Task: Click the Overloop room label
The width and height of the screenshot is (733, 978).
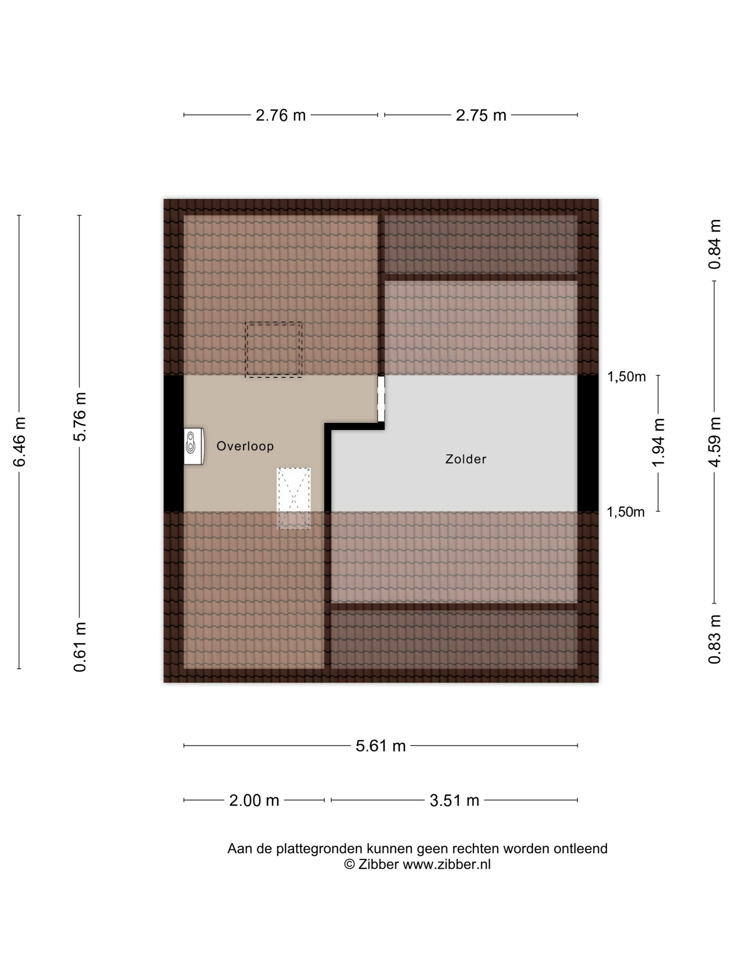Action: (x=245, y=446)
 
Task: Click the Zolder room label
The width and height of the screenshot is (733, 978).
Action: (x=466, y=459)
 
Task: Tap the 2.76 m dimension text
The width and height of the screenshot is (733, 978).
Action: (x=281, y=115)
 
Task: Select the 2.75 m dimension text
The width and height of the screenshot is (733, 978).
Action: (x=481, y=115)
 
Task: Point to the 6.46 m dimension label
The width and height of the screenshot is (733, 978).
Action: (x=20, y=442)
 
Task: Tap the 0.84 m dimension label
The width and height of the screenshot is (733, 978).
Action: (x=715, y=244)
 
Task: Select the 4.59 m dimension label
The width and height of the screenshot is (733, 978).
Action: (x=715, y=442)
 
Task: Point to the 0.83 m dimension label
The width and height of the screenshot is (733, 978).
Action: (x=715, y=639)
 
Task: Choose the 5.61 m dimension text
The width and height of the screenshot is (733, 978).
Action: (x=380, y=746)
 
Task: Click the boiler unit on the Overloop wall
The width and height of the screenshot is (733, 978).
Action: (x=194, y=446)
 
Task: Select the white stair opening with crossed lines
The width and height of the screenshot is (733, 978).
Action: (x=294, y=498)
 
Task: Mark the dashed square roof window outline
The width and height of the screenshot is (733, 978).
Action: (x=274, y=350)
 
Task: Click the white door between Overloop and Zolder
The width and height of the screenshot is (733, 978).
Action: (x=381, y=399)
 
